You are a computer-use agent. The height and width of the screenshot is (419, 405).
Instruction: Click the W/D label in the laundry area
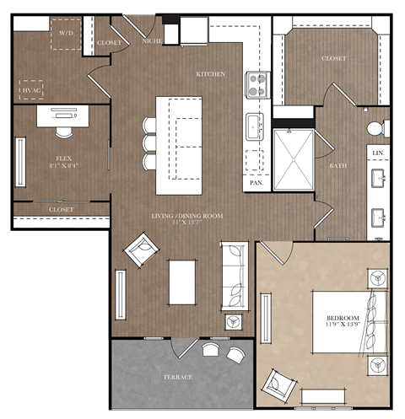pos(65,32)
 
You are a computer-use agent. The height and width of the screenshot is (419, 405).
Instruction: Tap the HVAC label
pos(31,88)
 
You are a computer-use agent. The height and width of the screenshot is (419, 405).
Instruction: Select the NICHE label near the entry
pos(152,40)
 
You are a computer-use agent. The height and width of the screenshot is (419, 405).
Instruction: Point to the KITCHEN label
pos(210,74)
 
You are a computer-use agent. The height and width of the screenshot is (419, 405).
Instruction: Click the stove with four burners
pos(257,84)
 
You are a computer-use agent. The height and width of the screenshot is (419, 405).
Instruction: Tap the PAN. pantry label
pos(256,181)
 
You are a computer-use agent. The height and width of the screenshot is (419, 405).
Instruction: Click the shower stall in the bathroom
pos(293,159)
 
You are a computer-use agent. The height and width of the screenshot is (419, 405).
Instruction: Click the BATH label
pos(337,165)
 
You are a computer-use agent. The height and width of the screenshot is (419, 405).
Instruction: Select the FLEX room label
pos(63,158)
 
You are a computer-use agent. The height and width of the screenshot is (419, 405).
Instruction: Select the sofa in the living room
pos(235,277)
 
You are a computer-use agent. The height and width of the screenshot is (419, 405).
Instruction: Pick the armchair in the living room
pos(141,251)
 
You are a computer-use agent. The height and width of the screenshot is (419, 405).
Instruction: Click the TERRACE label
pos(178,376)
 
